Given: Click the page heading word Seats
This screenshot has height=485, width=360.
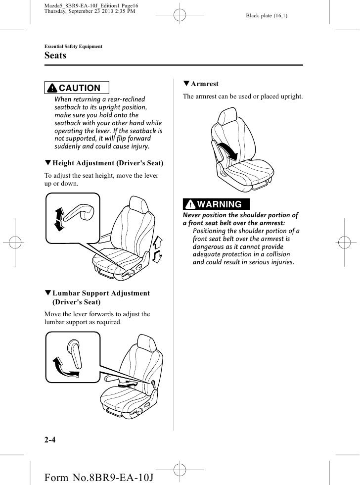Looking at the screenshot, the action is [x=55, y=56].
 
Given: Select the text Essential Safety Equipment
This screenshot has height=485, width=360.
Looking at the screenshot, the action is [x=73, y=47].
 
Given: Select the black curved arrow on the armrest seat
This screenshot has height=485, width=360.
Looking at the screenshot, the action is [x=226, y=149].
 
